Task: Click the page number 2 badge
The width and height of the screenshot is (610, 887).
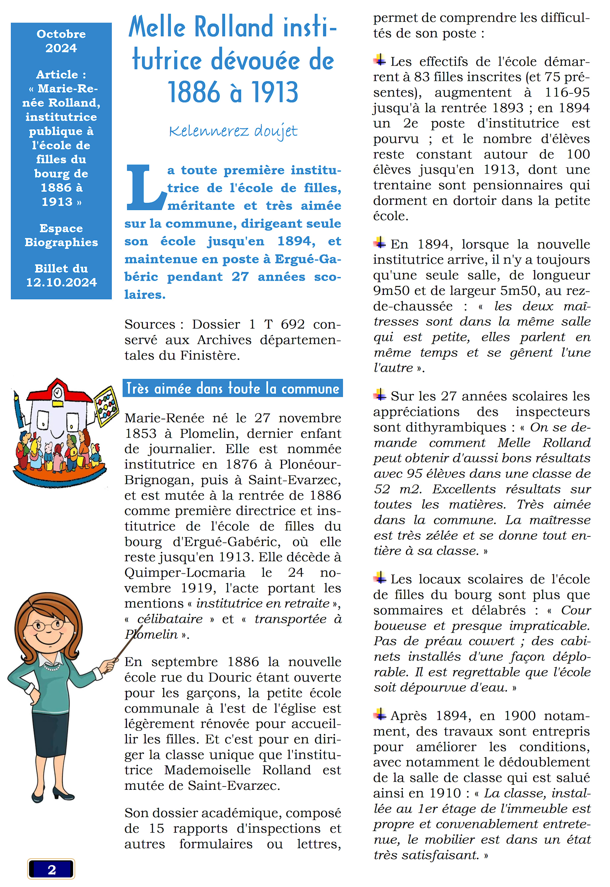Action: click(51, 869)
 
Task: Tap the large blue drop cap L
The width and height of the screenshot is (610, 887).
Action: click(145, 188)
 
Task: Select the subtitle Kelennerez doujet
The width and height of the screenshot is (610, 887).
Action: click(233, 131)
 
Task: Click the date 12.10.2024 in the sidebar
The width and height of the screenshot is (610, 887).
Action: click(61, 282)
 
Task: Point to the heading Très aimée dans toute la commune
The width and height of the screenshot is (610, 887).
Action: click(233, 389)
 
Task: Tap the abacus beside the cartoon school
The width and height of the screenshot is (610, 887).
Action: click(106, 406)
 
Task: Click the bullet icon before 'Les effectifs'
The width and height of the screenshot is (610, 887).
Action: click(380, 60)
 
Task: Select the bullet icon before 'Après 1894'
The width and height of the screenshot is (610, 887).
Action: click(380, 714)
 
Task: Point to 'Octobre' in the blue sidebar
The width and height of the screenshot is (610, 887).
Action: click(61, 34)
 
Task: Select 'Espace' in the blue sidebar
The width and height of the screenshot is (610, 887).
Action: click(61, 228)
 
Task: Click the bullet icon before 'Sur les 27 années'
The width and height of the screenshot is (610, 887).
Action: click(380, 394)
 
